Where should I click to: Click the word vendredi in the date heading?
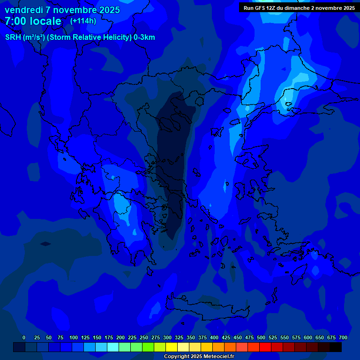pos(23,10)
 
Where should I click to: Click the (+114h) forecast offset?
pos(83,21)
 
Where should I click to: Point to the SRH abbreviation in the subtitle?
pos(13,37)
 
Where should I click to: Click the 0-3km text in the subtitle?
pos(144,37)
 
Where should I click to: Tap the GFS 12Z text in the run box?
pos(266,7)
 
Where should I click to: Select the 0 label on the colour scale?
pos(24,337)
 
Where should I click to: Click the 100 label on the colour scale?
pos(74,337)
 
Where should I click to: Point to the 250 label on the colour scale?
pos(144,337)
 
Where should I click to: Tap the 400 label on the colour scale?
pos(214,337)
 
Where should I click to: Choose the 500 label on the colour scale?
pos(261,337)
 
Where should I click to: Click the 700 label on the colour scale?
pos(343,337)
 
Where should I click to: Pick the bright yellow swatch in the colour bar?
pos(172,347)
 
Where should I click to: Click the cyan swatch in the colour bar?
pos(113,347)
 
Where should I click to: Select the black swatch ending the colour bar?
pos(336,347)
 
